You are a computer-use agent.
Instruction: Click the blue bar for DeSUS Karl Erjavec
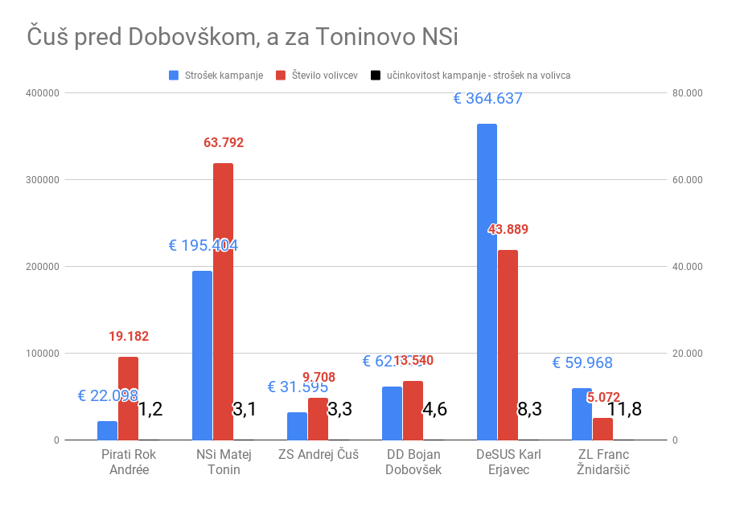(x=487, y=282)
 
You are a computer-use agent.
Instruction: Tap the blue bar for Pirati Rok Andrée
(x=107, y=431)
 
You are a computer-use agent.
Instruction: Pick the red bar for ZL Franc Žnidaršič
(x=602, y=429)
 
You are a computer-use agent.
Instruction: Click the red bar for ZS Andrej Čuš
(x=318, y=419)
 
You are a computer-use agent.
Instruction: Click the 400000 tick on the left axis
(x=43, y=93)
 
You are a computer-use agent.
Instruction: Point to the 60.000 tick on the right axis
(x=687, y=180)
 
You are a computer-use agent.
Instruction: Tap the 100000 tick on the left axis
(x=43, y=354)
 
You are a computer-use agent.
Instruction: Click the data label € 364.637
(x=488, y=99)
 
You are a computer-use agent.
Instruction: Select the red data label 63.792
(x=224, y=143)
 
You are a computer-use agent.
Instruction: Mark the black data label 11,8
(x=624, y=409)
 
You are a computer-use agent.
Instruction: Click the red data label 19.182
(x=129, y=337)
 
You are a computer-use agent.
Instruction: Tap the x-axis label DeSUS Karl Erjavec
(x=508, y=462)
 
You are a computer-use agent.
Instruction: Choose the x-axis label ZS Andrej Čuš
(x=318, y=455)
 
